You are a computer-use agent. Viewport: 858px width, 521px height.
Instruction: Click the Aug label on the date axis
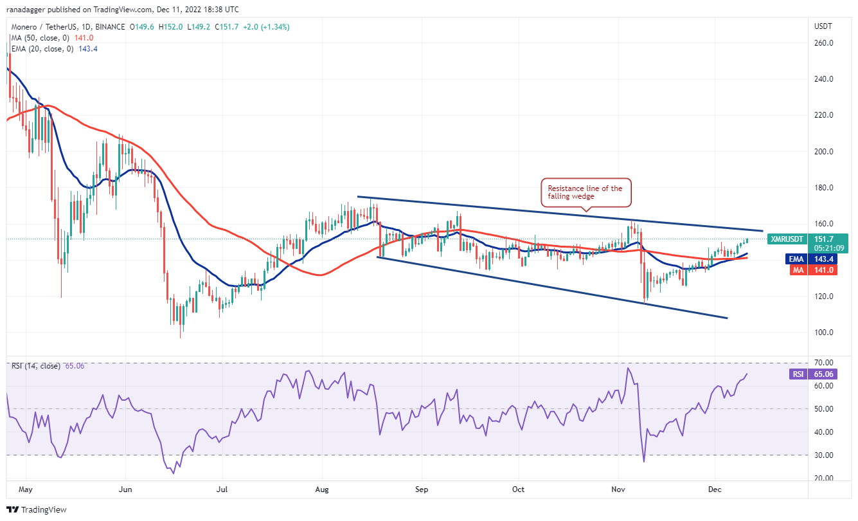322,489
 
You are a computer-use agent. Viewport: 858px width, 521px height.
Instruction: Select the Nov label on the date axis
619,489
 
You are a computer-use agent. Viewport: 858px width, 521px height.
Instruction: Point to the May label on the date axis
25,489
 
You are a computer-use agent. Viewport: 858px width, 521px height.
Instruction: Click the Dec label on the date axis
715,489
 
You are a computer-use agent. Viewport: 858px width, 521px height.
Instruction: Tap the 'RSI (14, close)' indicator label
35,366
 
